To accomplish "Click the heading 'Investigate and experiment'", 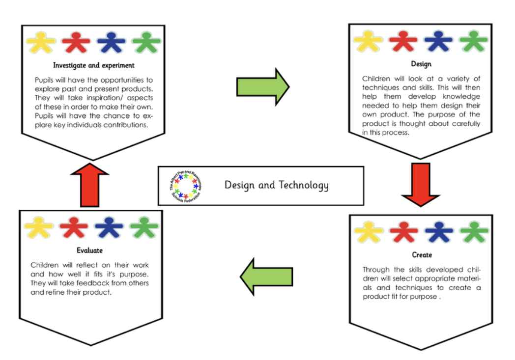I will [x=93, y=65].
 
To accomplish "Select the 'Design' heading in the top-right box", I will [x=421, y=64].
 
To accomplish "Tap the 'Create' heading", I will [x=422, y=255].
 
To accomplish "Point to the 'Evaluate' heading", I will [x=89, y=250].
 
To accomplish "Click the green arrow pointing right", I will [x=262, y=86].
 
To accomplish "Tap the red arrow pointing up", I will [x=89, y=185].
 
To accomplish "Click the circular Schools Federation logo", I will [x=186, y=185].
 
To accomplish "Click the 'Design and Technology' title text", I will [x=276, y=185].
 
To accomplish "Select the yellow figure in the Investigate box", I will [x=41, y=42].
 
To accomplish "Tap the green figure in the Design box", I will [x=473, y=42].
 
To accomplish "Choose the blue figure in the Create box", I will [x=438, y=231].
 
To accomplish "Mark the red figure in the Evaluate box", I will [x=74, y=227].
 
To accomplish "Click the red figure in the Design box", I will [x=403, y=42].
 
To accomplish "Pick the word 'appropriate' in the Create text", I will [x=423, y=278].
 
